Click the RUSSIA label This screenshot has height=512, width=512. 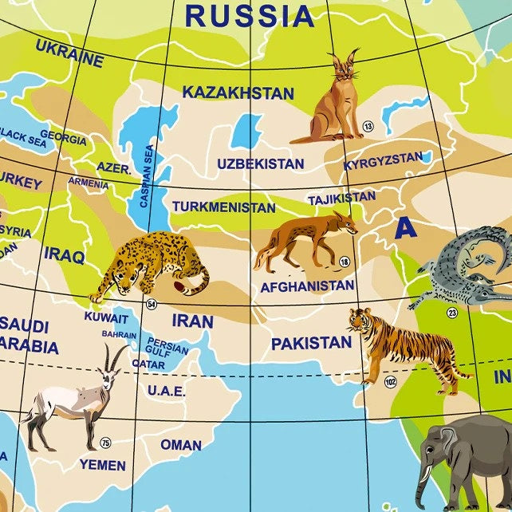(249, 14)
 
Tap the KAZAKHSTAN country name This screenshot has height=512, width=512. (238, 93)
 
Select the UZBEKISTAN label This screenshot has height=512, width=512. (260, 164)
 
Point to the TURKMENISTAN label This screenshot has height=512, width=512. (223, 207)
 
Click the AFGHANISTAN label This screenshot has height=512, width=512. (307, 286)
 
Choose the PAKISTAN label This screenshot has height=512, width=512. (311, 343)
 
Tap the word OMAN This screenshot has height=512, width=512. (181, 444)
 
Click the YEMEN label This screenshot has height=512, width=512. (102, 464)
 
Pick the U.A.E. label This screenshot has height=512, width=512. (166, 391)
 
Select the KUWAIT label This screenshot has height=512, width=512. (106, 317)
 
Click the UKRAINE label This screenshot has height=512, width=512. (69, 53)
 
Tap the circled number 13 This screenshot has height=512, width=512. (368, 126)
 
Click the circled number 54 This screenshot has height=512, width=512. (152, 304)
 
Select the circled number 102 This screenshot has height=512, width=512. (390, 382)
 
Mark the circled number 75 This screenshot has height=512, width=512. (105, 443)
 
